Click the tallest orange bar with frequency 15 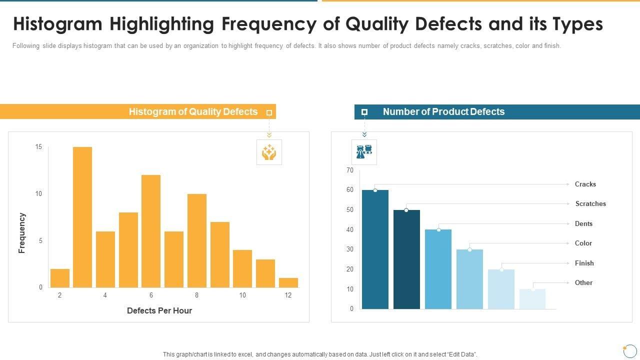pos(82,217)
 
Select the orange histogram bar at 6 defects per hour pos(151,231)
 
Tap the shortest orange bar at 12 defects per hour pos(288,282)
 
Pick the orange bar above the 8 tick pos(197,240)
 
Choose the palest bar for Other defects pos(532,298)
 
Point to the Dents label pos(583,223)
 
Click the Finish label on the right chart pos(584,263)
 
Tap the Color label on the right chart pos(583,243)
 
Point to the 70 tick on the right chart pos(349,170)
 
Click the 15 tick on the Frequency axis pos(38,147)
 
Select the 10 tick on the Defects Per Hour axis pos(242,295)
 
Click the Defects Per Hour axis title pos(159,310)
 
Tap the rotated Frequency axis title pos(22,233)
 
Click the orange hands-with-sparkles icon pos(269,152)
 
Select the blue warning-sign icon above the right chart pos(364,152)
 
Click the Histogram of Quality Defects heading pos(193,111)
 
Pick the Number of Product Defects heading pos(443,111)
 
